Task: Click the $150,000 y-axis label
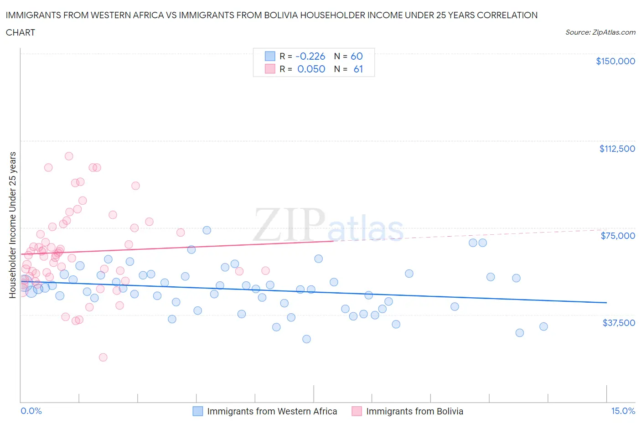[615, 61]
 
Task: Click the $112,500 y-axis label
[617, 149]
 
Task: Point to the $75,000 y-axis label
[618, 236]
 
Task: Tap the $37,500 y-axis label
[618, 323]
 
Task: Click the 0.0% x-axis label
[31, 411]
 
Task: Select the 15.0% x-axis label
[623, 411]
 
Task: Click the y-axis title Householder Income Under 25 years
[12, 225]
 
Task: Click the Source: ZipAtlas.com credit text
[600, 32]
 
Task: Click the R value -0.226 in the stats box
[310, 56]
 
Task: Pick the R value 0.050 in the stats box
[311, 69]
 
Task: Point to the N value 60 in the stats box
[357, 56]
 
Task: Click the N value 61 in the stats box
[358, 69]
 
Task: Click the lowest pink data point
[103, 357]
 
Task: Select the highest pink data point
[69, 156]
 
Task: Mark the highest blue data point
[207, 230]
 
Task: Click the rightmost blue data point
[543, 326]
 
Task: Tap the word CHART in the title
[21, 32]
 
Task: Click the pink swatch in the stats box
[270, 69]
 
